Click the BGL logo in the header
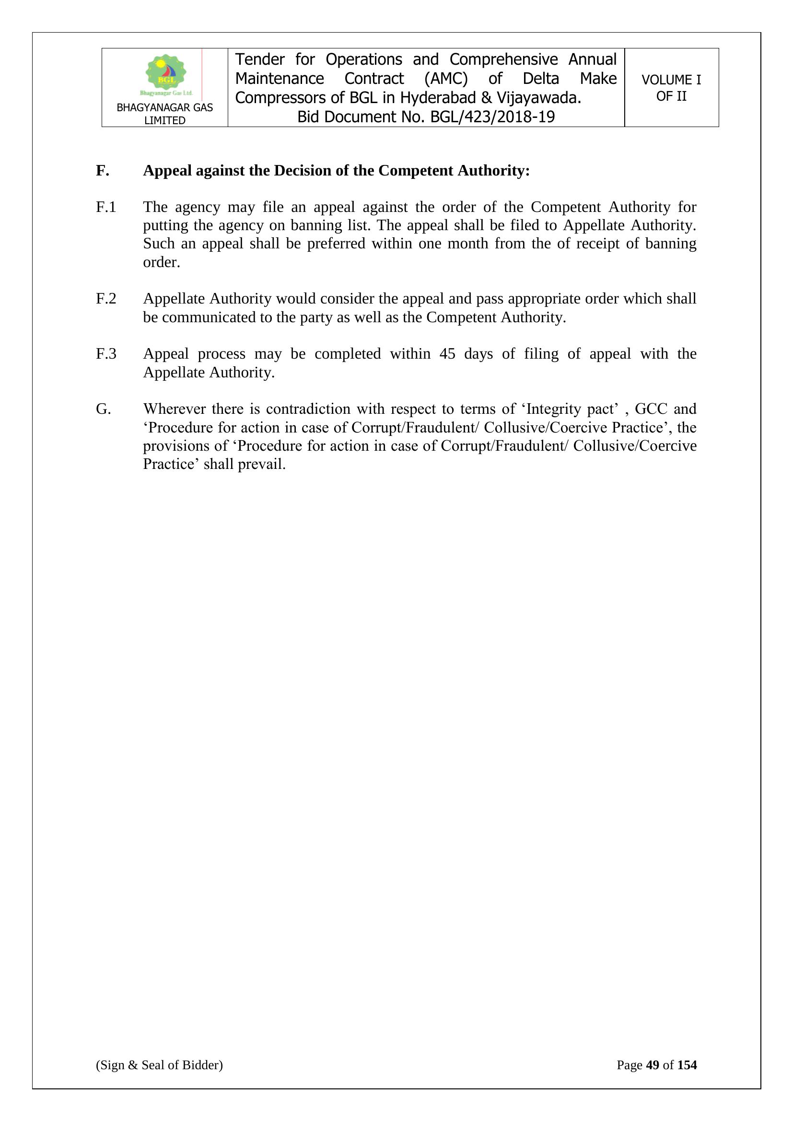tap(166, 75)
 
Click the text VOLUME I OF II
tap(671, 88)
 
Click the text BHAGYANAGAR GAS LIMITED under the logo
tap(164, 114)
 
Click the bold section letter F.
tap(102, 171)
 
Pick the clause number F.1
tap(106, 208)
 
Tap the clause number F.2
tap(106, 299)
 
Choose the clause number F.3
tap(106, 354)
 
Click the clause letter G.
tap(103, 409)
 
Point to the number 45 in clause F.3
tap(447, 354)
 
